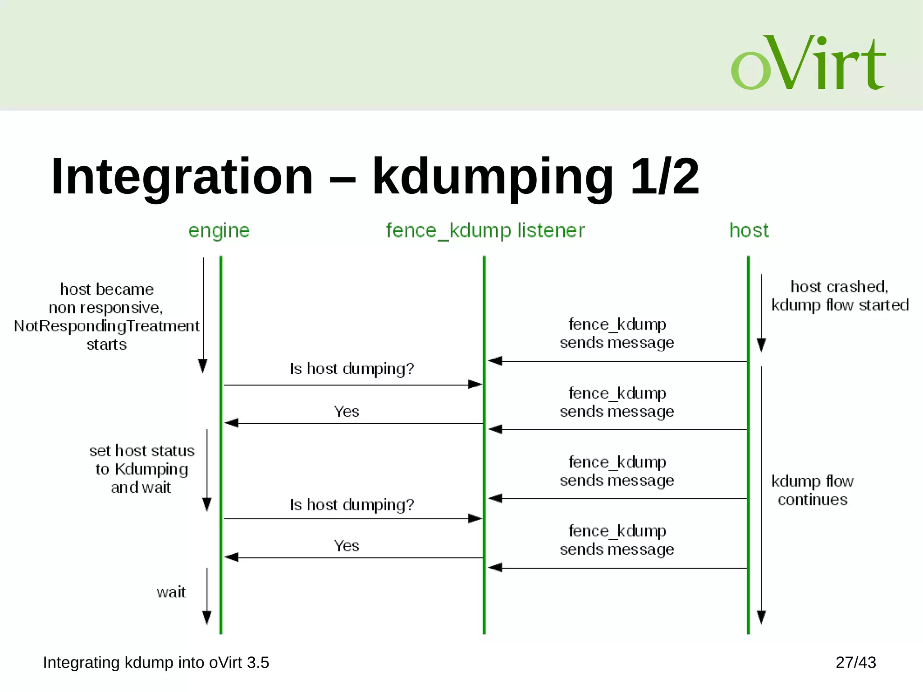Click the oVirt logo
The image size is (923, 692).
[x=808, y=63]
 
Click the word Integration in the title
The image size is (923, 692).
[x=182, y=177]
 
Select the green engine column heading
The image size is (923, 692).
[x=219, y=231]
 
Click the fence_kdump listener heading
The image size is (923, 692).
[x=485, y=231]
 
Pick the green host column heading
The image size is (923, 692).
[x=749, y=231]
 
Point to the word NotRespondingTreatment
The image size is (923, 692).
[x=106, y=326]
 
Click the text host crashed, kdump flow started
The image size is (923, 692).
[x=840, y=296]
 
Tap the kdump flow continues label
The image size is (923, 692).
[x=812, y=490]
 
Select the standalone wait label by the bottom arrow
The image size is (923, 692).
[x=171, y=592]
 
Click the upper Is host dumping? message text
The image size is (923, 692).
[x=352, y=369]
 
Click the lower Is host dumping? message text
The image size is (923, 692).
[x=352, y=505]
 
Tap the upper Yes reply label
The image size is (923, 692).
[x=346, y=412]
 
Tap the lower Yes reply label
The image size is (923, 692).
[x=346, y=546]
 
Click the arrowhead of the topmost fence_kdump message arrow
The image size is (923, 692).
[x=495, y=361]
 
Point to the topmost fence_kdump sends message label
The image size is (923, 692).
[x=617, y=334]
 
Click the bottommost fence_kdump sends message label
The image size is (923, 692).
[x=617, y=540]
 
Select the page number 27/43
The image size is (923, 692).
[x=855, y=663]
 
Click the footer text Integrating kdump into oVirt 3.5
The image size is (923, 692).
[x=156, y=663]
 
